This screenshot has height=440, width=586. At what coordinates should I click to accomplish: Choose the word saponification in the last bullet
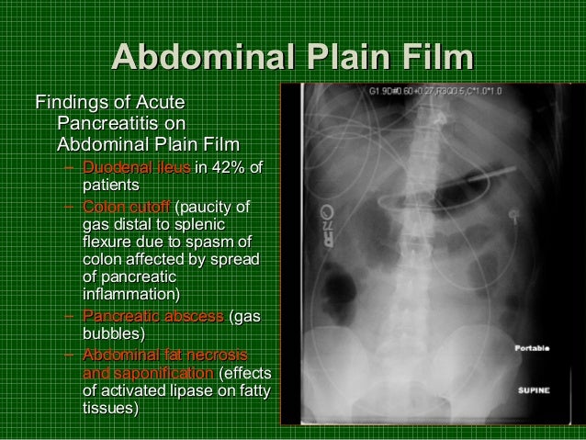(147, 374)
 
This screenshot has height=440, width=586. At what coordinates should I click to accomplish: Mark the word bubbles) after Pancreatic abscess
(112, 334)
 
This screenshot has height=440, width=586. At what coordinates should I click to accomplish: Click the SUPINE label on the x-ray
(533, 389)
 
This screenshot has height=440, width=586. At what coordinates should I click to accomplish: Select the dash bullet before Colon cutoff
(70, 206)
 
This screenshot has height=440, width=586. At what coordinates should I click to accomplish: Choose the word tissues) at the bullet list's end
(111, 410)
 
